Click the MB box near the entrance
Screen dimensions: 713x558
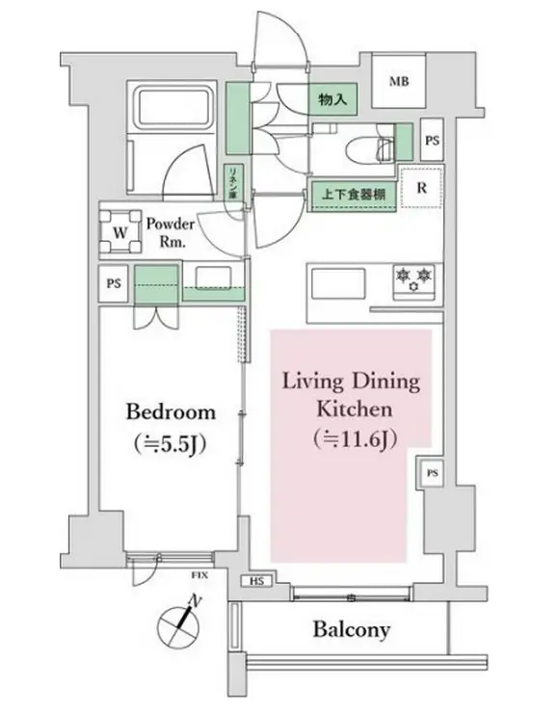[x=399, y=81]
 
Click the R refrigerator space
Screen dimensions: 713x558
[x=420, y=189]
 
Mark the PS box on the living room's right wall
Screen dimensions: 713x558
[x=432, y=473]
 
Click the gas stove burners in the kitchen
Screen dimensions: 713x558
[x=412, y=277]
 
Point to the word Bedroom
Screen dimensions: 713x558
[x=171, y=412]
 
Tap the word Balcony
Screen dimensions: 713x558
[x=351, y=630]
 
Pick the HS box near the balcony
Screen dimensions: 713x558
[x=256, y=582]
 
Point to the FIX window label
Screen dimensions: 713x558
[x=199, y=575]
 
